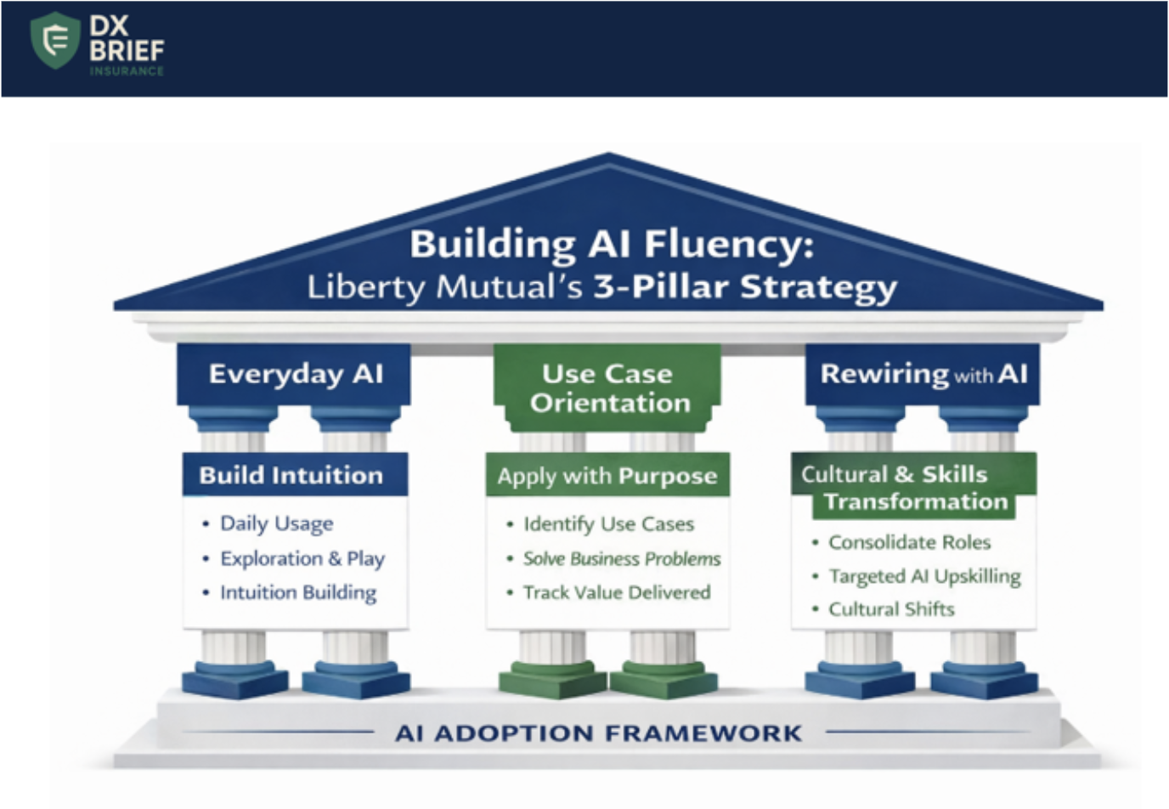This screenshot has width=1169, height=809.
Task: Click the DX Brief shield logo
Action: coord(55,40)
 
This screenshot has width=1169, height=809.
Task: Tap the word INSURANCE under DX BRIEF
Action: coord(127,71)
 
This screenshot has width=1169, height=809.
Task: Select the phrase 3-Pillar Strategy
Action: coord(744,287)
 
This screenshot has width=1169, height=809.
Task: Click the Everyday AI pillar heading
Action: coord(296,374)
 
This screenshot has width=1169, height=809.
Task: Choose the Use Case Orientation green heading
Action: coord(608,388)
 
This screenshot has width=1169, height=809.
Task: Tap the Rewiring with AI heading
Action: coord(923,374)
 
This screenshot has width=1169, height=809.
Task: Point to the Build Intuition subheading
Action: coord(291,475)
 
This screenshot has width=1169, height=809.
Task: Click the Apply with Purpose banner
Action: coord(607,476)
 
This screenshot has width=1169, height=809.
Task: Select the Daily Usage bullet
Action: coord(276,523)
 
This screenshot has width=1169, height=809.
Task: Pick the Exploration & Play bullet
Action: coord(302,558)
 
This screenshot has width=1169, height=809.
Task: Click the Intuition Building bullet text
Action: coord(297,592)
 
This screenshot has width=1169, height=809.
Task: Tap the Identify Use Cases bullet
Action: coord(608,524)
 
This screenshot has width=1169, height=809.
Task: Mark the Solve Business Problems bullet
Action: coord(621,558)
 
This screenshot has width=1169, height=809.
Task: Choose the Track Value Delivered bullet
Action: coord(616,592)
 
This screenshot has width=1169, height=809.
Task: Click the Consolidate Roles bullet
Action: coord(909,542)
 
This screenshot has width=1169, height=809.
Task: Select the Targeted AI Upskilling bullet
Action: coord(924,576)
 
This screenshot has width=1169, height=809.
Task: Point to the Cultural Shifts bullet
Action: coord(891,609)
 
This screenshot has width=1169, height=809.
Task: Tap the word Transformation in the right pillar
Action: coord(916,502)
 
